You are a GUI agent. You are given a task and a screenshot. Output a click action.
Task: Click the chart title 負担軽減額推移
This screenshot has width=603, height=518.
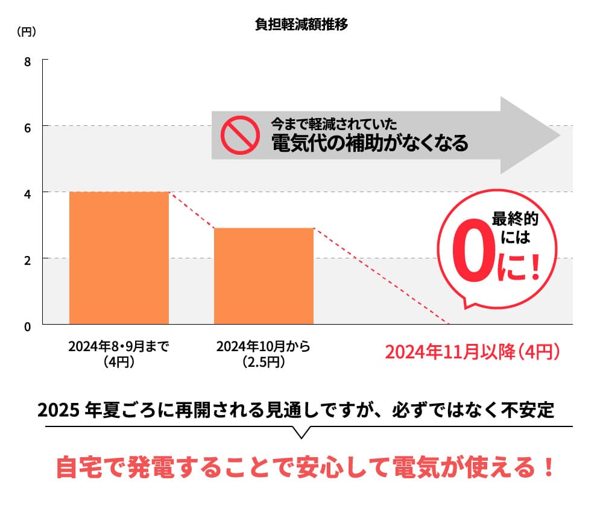click(x=301, y=25)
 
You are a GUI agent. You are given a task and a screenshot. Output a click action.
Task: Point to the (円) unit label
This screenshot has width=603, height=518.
click(x=26, y=32)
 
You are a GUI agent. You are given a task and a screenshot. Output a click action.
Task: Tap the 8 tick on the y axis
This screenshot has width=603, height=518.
click(x=27, y=61)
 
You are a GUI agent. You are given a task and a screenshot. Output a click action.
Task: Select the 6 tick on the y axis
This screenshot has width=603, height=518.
click(x=27, y=127)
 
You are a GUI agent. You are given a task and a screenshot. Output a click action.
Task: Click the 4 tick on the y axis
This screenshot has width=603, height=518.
click(x=27, y=193)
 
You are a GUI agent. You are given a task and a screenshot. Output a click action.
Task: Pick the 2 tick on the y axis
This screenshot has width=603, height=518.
click(x=27, y=260)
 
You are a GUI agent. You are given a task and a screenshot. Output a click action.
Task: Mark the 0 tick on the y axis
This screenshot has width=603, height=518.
click(x=27, y=326)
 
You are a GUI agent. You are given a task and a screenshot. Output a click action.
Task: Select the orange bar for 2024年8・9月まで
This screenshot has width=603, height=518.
click(x=119, y=258)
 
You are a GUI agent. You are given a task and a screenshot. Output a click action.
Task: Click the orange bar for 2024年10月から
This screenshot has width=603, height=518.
click(x=264, y=276)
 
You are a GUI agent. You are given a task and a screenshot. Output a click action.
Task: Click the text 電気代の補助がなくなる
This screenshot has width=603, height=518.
click(x=370, y=143)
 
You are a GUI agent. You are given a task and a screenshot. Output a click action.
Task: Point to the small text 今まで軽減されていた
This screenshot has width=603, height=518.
click(x=333, y=124)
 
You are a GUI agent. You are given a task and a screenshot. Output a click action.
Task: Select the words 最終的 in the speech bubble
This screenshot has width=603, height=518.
click(x=514, y=219)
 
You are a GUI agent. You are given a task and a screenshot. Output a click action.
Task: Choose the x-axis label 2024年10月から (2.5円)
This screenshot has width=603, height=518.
click(x=263, y=354)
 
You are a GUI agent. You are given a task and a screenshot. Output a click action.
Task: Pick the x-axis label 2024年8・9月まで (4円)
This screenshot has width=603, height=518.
click(x=118, y=354)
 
